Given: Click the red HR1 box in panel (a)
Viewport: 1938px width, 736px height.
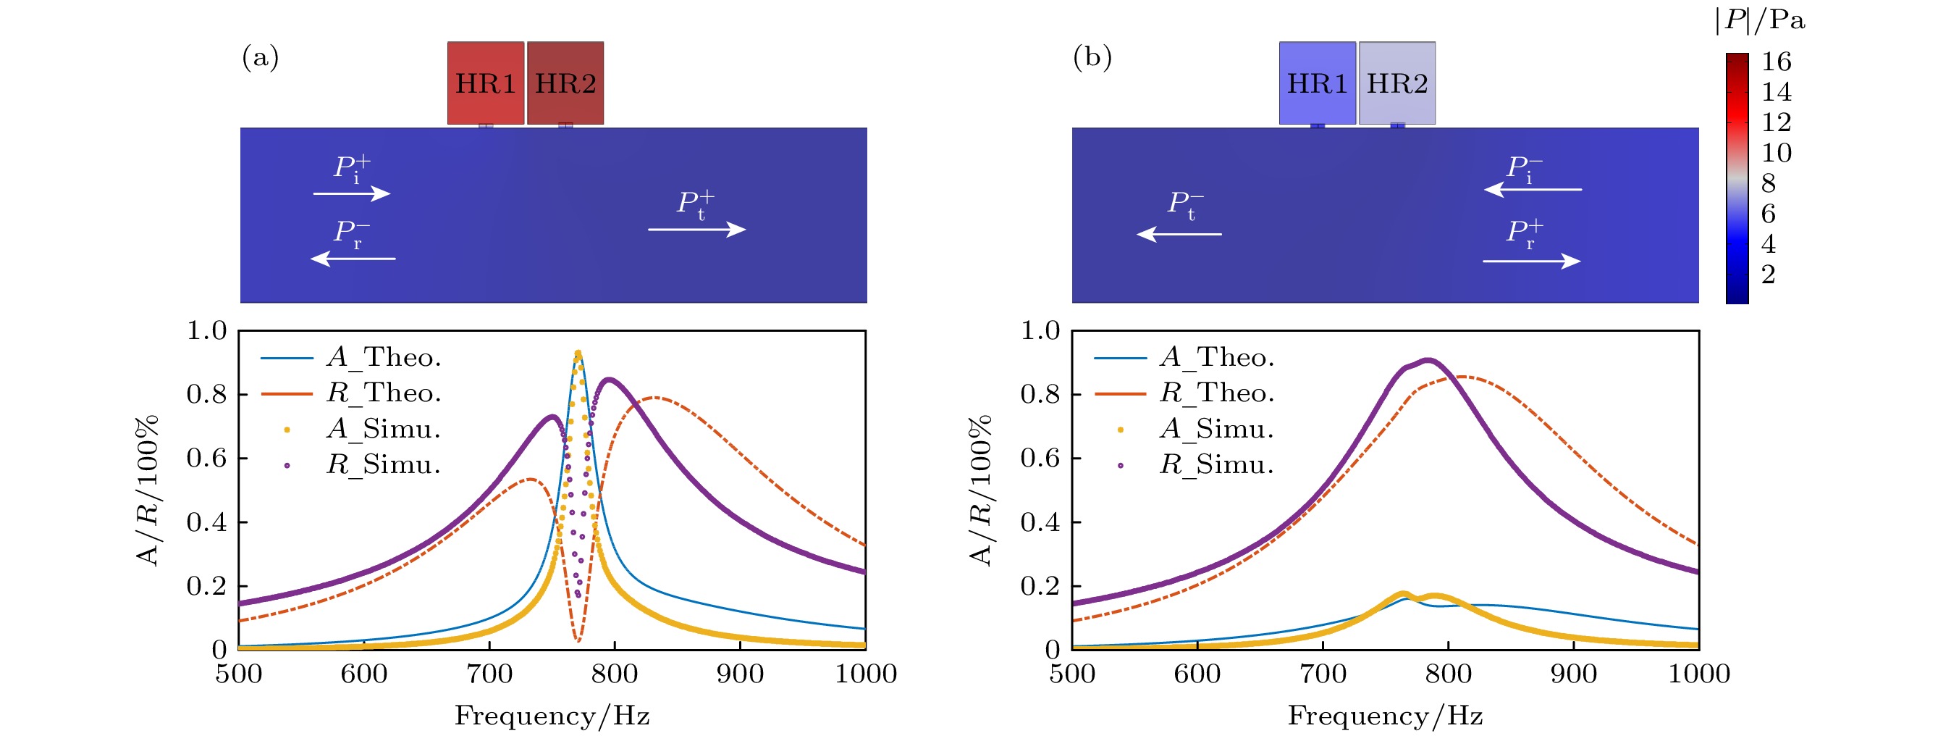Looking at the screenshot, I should click(x=485, y=83).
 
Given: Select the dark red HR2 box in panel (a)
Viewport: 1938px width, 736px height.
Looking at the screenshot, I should click(x=565, y=83).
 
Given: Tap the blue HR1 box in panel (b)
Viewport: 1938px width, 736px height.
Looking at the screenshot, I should click(x=1318, y=83).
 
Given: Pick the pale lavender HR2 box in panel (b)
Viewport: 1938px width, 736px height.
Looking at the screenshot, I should click(x=1397, y=83).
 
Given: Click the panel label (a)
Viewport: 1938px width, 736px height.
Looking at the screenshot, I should click(x=261, y=57).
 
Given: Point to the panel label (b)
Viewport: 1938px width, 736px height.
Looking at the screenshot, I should click(x=1092, y=57).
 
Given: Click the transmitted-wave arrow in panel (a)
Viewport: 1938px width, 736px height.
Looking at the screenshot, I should click(x=696, y=230).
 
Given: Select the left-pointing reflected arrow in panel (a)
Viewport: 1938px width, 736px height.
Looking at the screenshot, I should click(x=353, y=259).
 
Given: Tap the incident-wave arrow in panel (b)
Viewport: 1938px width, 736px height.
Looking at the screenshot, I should click(x=1533, y=190).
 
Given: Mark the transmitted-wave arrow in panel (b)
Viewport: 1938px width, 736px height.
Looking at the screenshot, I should click(x=1179, y=234).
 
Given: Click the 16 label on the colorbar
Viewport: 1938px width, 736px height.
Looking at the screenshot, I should click(x=1777, y=62).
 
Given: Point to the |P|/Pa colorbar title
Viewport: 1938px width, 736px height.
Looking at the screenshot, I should click(x=1760, y=20).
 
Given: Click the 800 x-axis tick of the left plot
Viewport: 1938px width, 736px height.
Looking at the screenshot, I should click(x=615, y=674).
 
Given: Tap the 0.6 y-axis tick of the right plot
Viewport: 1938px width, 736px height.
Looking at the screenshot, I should click(x=1040, y=459).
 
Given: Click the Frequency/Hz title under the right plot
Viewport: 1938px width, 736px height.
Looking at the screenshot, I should click(x=1385, y=716).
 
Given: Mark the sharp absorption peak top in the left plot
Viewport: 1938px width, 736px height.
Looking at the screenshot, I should click(x=578, y=353).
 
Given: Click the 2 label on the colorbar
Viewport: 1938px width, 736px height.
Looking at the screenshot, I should click(x=1769, y=275).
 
